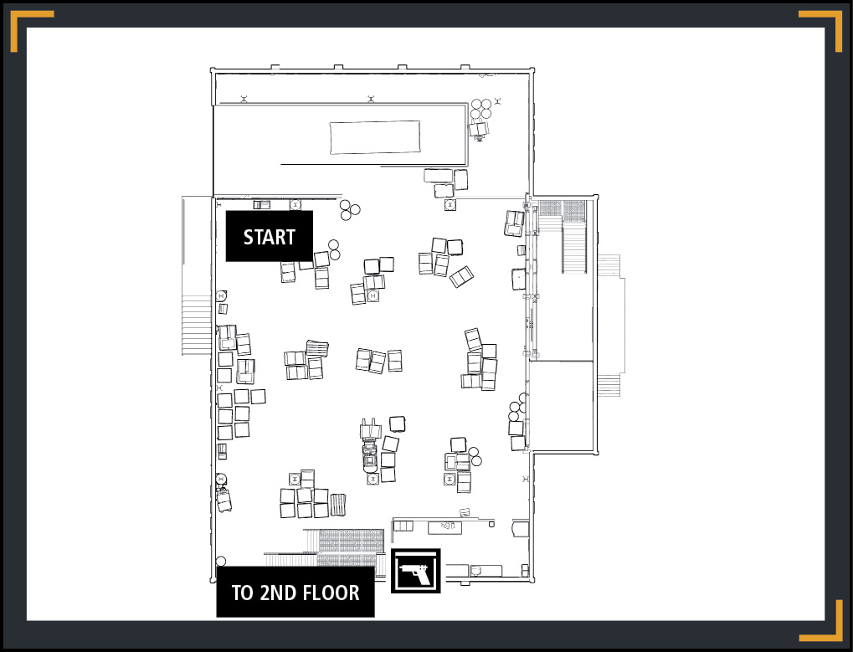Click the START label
269,237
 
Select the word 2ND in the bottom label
277,593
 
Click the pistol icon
416,571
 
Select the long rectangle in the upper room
375,137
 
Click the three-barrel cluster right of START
349,210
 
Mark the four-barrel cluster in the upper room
480,109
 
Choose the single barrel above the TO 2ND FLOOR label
221,561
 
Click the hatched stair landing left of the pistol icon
351,547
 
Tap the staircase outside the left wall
196,326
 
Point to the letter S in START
249,237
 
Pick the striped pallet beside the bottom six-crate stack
338,504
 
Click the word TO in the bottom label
242,593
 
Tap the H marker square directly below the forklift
373,479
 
